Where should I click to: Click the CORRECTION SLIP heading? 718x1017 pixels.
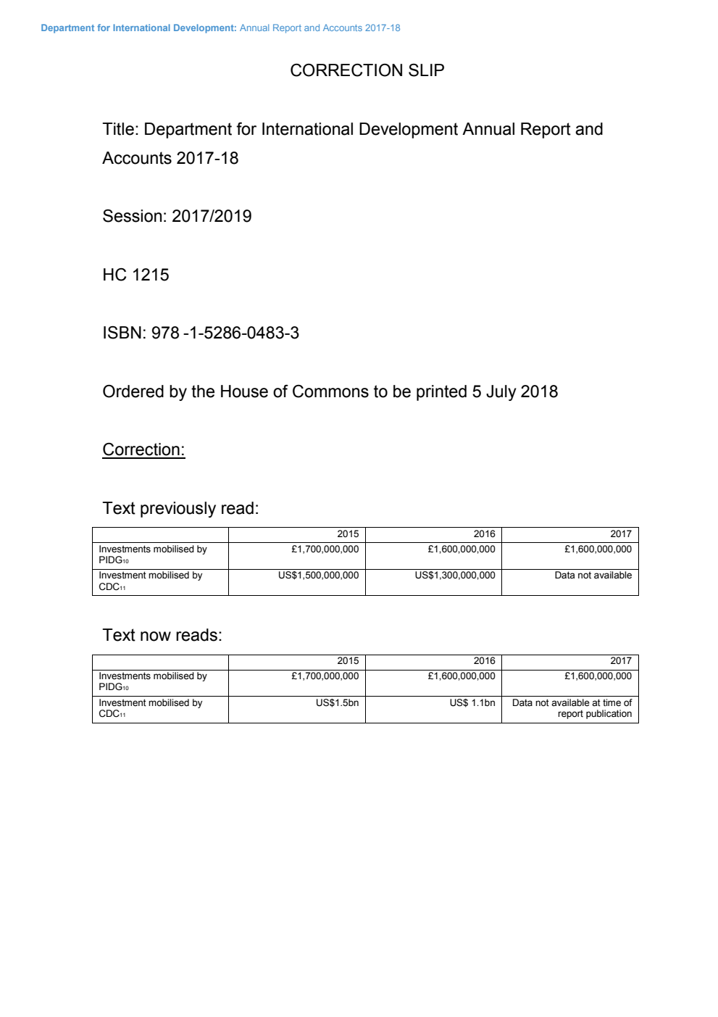[x=367, y=70]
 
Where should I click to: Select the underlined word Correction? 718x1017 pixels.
[x=143, y=449]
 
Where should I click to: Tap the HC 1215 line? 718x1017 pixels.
[x=135, y=275]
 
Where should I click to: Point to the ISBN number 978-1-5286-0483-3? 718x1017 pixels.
[x=225, y=333]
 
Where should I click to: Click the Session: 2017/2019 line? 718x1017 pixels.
[x=177, y=216]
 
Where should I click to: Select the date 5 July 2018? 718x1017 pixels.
[x=514, y=391]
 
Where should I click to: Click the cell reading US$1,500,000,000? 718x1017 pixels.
[x=318, y=576]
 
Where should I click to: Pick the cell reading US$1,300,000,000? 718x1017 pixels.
[x=455, y=576]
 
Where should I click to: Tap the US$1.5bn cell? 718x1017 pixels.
[x=337, y=703]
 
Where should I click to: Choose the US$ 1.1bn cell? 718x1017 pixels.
[x=472, y=703]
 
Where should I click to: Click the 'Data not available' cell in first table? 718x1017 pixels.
[x=593, y=576]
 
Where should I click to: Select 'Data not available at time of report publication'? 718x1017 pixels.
[x=572, y=708]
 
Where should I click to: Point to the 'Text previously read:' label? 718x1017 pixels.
[x=180, y=508]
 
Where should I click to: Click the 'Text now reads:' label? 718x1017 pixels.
[x=162, y=635]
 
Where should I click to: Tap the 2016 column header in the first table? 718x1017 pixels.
[x=484, y=534]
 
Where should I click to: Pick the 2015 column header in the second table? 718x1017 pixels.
[x=348, y=661]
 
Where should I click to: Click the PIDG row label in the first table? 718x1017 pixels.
[x=152, y=555]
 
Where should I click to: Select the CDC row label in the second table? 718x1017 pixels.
[x=150, y=708]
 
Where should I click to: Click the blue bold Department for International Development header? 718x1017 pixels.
[x=138, y=28]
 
